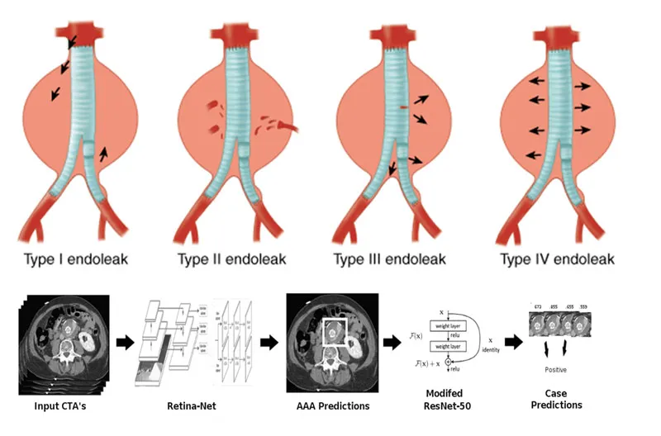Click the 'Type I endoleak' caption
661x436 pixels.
point(79,259)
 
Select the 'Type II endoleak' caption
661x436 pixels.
point(232,259)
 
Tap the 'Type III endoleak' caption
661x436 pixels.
point(389,259)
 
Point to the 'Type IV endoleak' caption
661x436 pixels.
point(558,259)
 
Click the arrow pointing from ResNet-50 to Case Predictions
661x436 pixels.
point(512,341)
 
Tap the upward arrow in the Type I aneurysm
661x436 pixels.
point(103,153)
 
